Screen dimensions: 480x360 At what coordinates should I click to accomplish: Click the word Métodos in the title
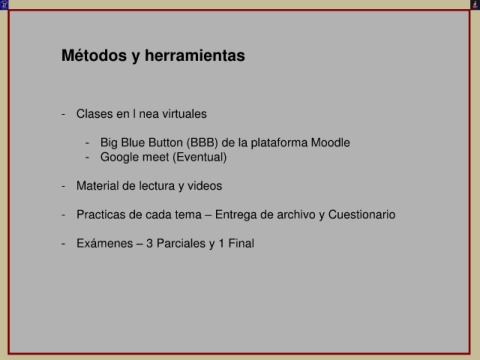click(94, 55)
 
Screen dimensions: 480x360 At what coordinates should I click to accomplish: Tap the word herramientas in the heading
click(195, 55)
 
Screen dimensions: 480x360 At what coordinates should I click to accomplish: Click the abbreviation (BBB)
click(202, 143)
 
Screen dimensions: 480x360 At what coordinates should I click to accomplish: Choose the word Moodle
click(330, 143)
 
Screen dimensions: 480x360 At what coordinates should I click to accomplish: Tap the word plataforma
click(279, 143)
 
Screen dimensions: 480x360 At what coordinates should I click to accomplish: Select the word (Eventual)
click(200, 157)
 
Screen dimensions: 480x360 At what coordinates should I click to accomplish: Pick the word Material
click(98, 186)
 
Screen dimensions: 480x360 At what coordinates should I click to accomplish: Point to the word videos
click(205, 186)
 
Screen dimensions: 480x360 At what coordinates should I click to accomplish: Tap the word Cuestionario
click(362, 215)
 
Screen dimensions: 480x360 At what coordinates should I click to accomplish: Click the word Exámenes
click(105, 243)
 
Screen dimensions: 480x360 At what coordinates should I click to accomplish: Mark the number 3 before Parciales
click(149, 244)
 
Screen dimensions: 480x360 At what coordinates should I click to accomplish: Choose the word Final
click(241, 243)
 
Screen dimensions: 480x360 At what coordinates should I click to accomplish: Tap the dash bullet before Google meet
click(87, 158)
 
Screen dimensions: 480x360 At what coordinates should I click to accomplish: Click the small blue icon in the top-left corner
click(4, 5)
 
